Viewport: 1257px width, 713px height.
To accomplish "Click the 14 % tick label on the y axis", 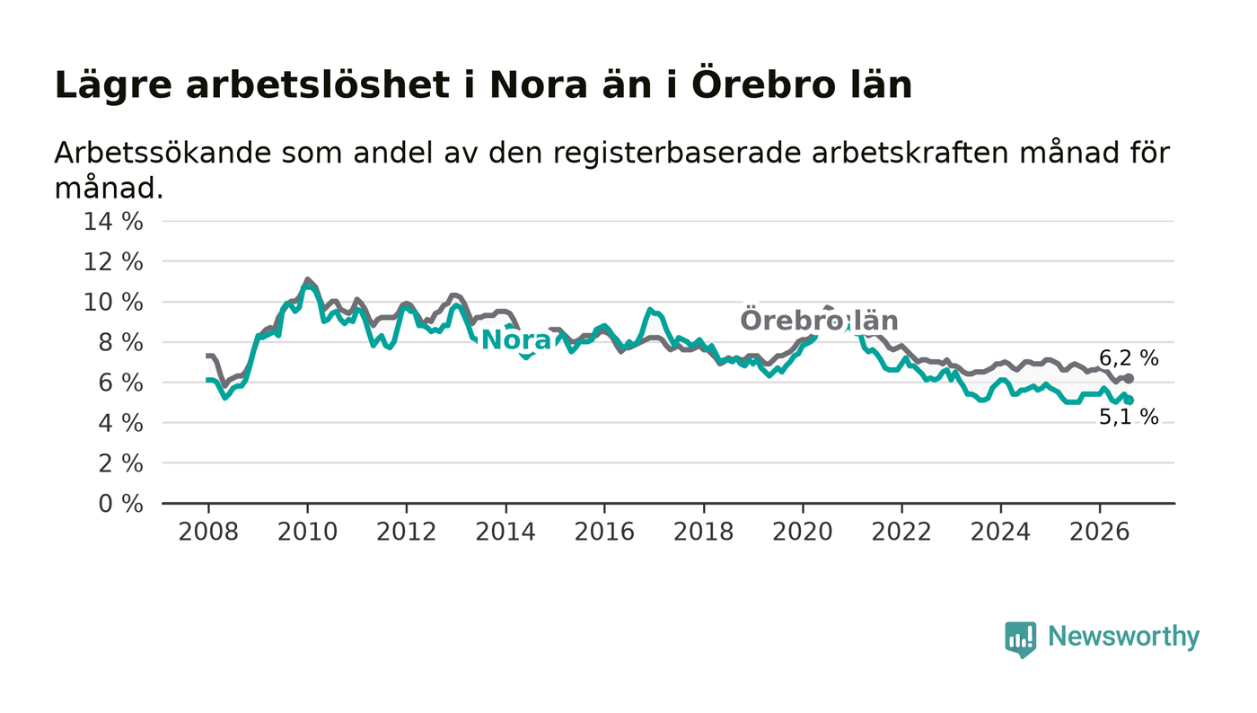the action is (113, 222).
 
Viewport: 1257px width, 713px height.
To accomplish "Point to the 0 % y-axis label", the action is (120, 504).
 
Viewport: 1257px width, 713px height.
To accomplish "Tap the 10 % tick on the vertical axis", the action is (113, 303).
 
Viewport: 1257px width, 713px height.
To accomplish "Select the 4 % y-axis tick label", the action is (120, 423).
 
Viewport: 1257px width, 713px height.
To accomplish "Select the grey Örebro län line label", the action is (819, 321).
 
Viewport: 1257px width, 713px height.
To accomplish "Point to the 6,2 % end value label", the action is (1129, 358).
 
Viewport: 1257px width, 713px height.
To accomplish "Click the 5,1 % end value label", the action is (1129, 418).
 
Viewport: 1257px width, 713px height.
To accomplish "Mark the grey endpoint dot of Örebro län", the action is (1130, 379).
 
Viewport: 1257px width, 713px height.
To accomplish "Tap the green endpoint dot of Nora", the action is (1130, 400).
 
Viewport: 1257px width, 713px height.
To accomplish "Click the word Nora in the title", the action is (539, 86).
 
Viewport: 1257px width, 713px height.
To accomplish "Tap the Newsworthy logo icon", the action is (1020, 639).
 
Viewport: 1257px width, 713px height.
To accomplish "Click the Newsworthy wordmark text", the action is (1123, 637).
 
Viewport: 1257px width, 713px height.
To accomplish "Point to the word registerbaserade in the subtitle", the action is (676, 154).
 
